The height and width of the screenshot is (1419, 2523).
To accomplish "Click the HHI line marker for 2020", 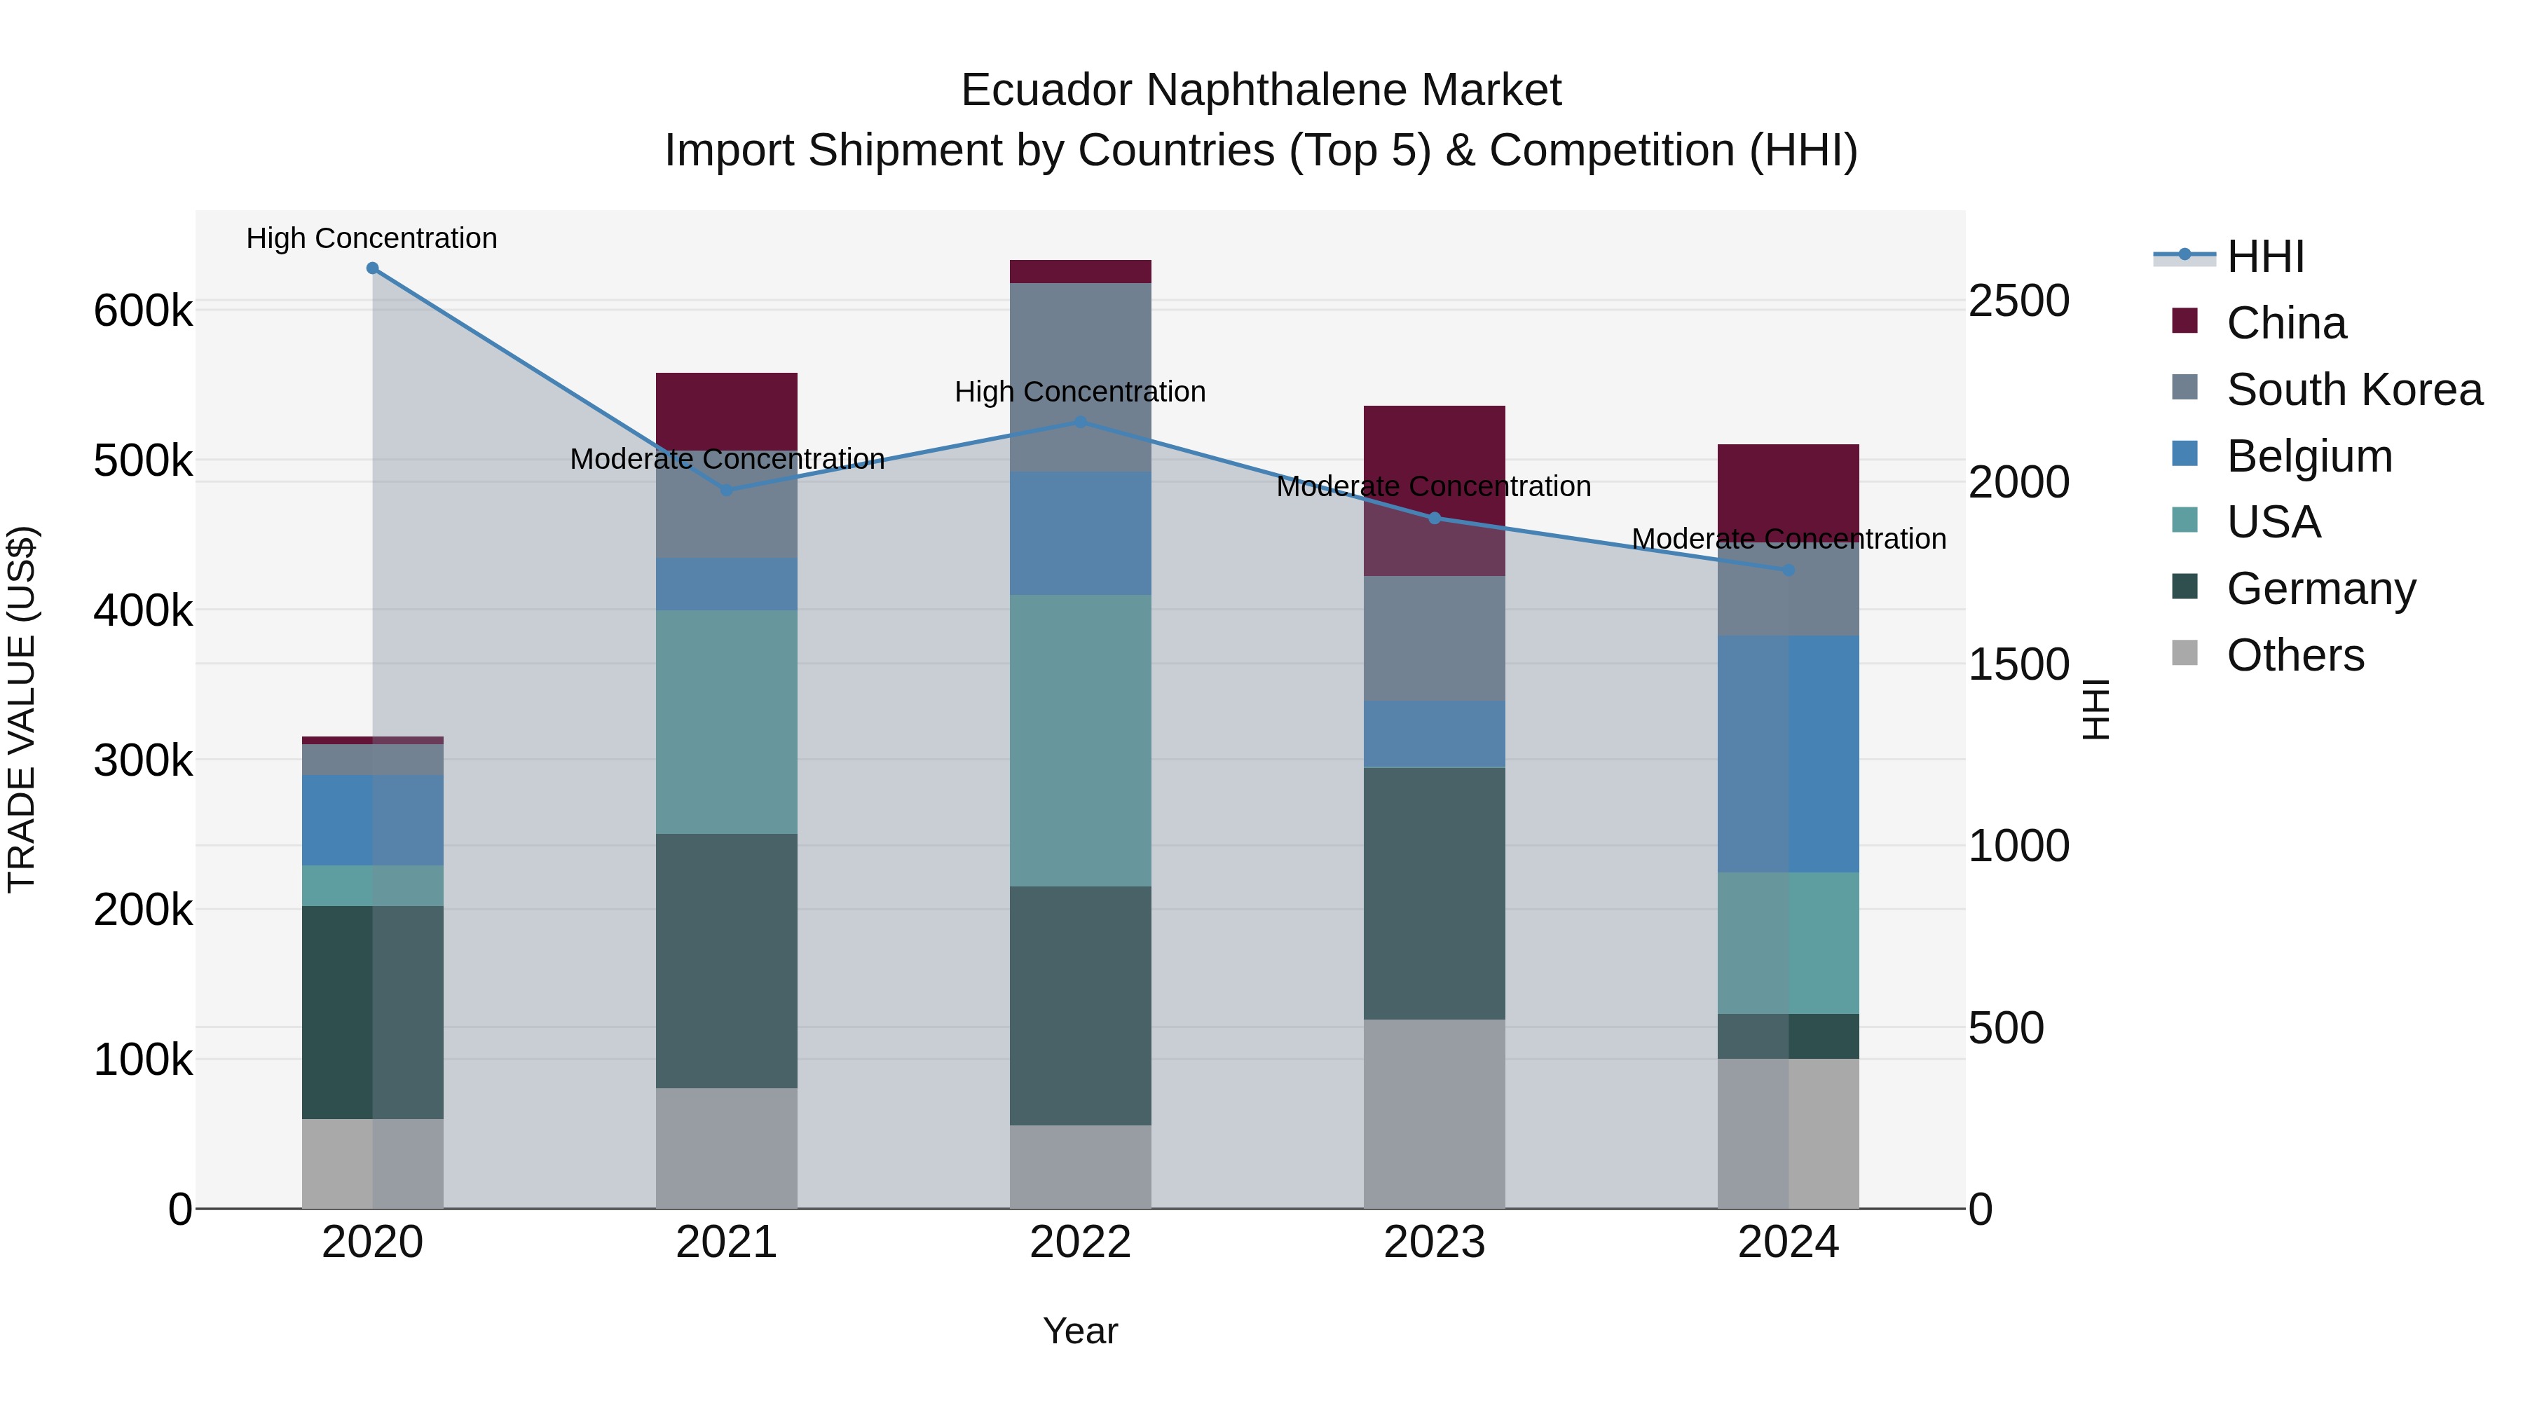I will coord(372,268).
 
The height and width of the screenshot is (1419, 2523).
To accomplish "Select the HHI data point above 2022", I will coord(1080,422).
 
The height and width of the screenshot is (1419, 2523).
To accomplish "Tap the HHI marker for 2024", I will coord(1789,570).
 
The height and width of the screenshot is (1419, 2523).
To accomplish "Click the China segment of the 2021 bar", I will coord(727,411).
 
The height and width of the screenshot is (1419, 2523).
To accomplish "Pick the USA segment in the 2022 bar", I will coord(1080,741).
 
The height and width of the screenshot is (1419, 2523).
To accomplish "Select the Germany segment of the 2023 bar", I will coord(1434,893).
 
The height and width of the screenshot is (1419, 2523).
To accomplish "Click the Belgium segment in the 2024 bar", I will coord(1789,754).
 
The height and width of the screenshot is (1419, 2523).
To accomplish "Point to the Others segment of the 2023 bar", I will coord(1434,1113).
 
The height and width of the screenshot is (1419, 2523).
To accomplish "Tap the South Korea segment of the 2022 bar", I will coord(1080,377).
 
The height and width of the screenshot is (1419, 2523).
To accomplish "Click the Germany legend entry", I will coord(2320,589).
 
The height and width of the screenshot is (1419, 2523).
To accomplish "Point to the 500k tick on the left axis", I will coord(143,461).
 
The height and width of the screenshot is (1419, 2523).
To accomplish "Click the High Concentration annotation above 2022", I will coord(1080,392).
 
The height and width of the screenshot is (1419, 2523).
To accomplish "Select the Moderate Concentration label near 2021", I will coord(727,459).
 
